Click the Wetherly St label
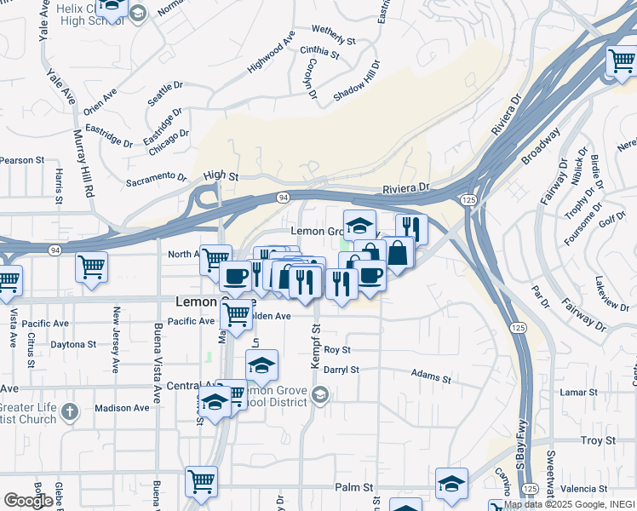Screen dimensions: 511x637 tap(333, 34)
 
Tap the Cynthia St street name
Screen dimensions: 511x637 tap(319, 53)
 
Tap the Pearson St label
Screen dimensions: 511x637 tap(21, 160)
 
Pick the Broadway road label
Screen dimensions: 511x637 tap(542, 146)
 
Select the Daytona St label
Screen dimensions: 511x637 tap(73, 345)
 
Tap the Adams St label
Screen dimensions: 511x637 tap(430, 373)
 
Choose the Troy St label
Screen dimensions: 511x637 tap(598, 440)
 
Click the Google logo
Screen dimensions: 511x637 tap(27, 501)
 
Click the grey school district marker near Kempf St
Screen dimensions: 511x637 tap(320, 394)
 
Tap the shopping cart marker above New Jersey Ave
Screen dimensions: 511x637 tap(91, 266)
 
